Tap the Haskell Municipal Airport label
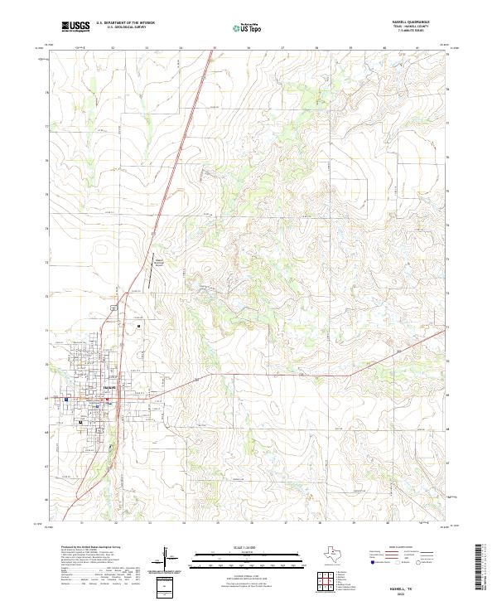(157, 264)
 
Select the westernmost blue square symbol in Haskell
(65, 399)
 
